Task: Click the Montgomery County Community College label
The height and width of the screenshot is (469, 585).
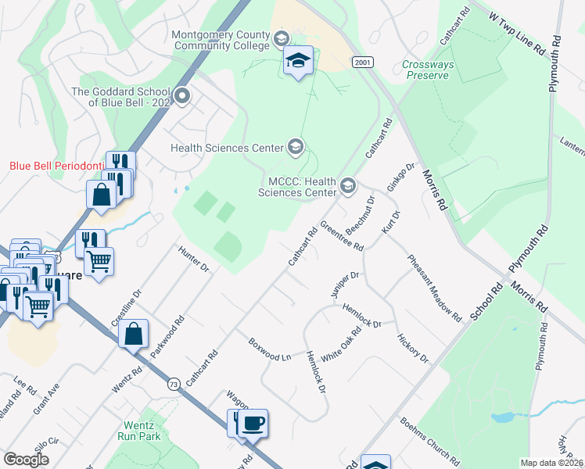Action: [220, 41]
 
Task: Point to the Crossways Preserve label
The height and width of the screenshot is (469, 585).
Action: [426, 70]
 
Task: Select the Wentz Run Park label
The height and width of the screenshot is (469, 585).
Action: [141, 431]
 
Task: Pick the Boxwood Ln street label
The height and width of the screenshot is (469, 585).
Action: [269, 349]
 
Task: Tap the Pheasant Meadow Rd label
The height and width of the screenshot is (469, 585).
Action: [434, 288]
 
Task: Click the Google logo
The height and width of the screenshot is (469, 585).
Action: [27, 460]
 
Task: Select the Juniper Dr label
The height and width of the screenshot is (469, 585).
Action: [344, 285]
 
